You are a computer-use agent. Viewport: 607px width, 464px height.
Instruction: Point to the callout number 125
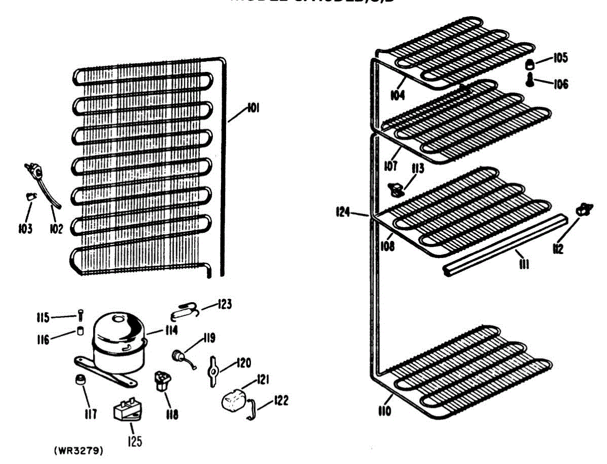pos(134,441)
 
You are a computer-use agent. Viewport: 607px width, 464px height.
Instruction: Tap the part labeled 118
pos(162,379)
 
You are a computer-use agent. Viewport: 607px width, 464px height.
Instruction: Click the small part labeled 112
pos(584,209)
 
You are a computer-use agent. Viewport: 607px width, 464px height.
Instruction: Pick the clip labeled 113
pos(397,189)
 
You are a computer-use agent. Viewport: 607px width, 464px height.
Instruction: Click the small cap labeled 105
pos(529,64)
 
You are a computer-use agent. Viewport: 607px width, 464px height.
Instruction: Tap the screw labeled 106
pos(530,80)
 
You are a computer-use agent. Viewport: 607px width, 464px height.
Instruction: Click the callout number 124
pos(344,213)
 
